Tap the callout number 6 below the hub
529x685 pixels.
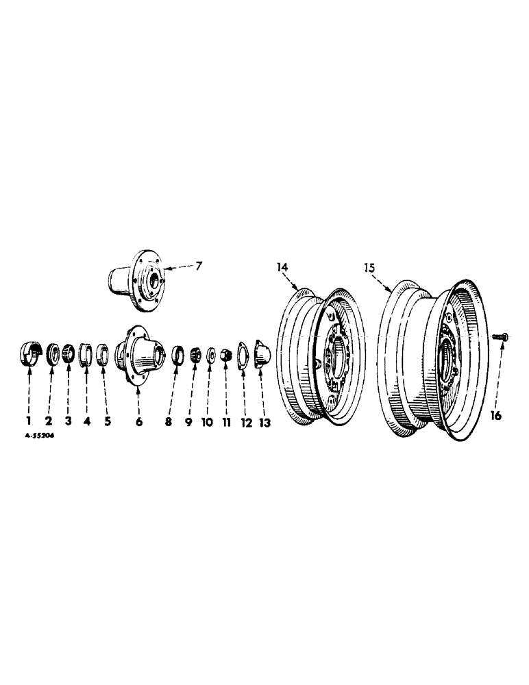pyautogui.click(x=138, y=423)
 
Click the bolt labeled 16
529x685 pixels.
pyautogui.click(x=499, y=336)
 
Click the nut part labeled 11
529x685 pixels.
pyautogui.click(x=225, y=355)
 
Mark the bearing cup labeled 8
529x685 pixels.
pyautogui.click(x=177, y=355)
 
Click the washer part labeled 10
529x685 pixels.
pyautogui.click(x=210, y=355)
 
